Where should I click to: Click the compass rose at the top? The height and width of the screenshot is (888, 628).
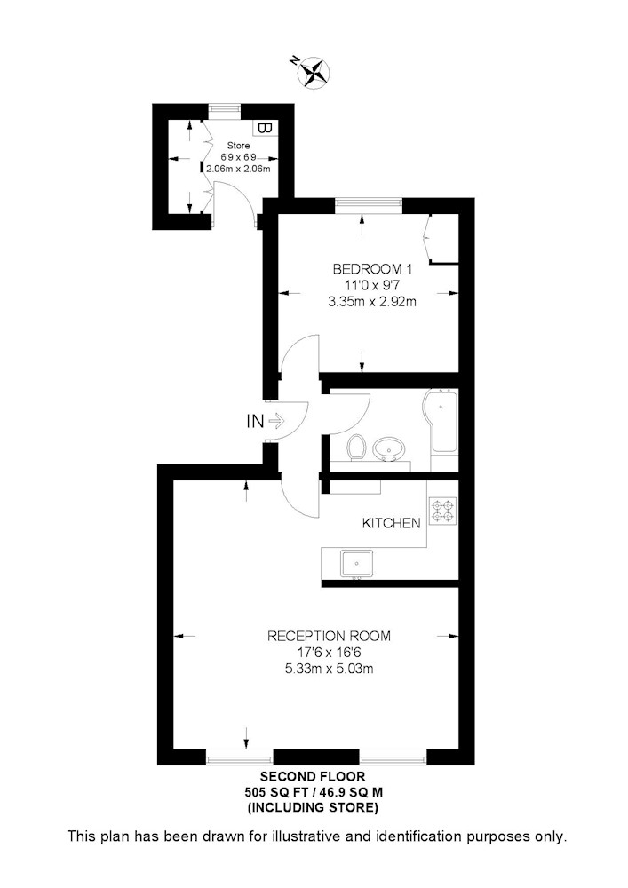point(314,72)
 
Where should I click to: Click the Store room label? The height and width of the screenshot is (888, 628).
point(238,146)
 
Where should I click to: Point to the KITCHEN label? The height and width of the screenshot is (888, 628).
point(392,523)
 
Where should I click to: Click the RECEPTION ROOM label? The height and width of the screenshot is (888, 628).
point(329,636)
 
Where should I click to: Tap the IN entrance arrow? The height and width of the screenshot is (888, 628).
point(274,421)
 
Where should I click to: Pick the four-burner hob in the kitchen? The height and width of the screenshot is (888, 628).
point(443,510)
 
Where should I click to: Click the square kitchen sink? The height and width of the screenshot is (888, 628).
point(357,564)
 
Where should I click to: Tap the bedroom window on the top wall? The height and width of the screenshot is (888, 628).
point(369,205)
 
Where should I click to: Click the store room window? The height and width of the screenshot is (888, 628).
point(224,111)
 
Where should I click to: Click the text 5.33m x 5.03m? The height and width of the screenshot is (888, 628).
point(329,669)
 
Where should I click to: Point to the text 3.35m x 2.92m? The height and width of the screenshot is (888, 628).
point(372,302)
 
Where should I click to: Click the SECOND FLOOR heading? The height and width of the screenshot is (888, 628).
point(313,776)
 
